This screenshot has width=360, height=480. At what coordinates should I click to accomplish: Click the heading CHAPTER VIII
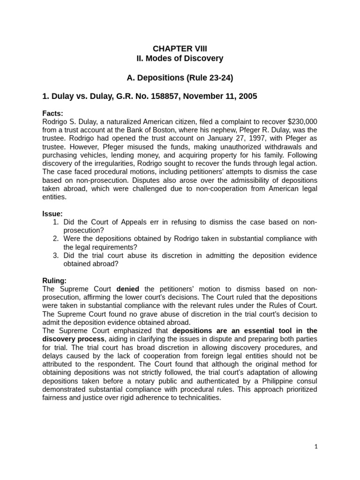coord(180,49)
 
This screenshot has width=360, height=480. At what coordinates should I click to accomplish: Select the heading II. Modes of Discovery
coord(180,59)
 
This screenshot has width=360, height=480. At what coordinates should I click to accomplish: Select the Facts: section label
coord(52,113)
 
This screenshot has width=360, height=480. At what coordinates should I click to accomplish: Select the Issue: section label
coord(52,214)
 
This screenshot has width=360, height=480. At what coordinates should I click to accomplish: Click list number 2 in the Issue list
coord(55,239)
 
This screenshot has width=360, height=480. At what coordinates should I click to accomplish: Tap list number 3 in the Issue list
coord(55,255)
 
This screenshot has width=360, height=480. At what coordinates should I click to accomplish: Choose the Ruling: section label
coord(54,281)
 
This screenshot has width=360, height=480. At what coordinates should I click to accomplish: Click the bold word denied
coord(128,289)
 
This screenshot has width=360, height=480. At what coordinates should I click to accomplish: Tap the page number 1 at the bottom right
coord(316,447)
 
